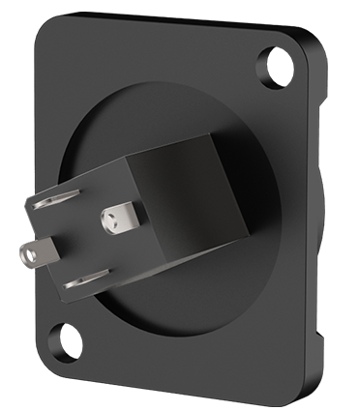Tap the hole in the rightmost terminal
(x=120, y=220)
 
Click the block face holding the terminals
(x=82, y=242)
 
